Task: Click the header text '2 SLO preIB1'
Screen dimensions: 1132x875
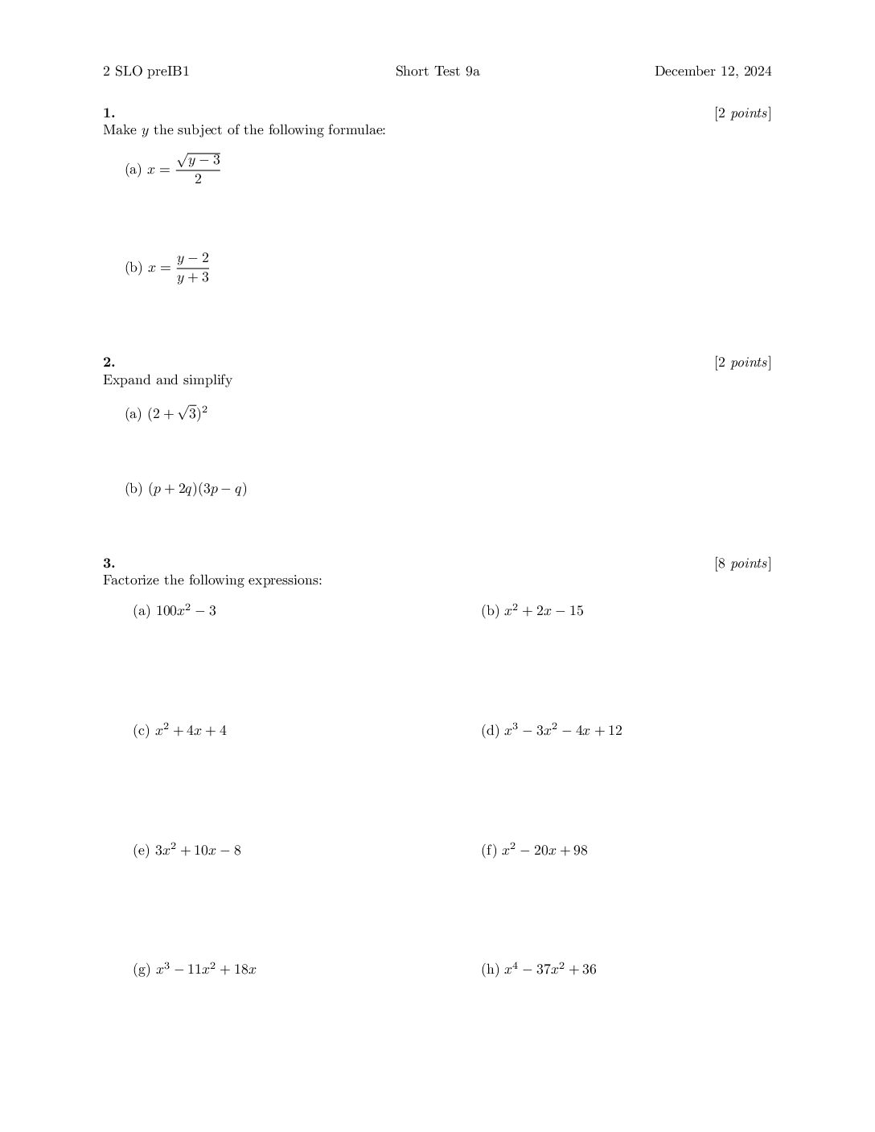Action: (146, 72)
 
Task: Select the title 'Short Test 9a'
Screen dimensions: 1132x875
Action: (437, 72)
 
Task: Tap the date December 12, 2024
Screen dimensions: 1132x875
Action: (713, 72)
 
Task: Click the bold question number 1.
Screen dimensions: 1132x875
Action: (109, 113)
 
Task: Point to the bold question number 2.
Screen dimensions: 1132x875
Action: (109, 363)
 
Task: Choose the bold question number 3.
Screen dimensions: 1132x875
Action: (109, 564)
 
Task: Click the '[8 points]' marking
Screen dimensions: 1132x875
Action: (742, 564)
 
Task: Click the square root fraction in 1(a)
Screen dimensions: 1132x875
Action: (198, 169)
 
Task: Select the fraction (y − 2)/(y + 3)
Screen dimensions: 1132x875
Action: (193, 268)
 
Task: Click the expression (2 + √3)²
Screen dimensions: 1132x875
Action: (178, 414)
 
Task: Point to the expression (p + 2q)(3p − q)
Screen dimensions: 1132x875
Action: (197, 489)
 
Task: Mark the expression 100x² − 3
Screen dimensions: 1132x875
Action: (186, 611)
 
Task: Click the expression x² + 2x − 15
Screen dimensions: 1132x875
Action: (544, 611)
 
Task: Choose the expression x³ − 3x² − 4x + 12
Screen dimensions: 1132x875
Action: (563, 731)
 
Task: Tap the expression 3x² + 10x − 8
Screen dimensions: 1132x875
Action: (198, 851)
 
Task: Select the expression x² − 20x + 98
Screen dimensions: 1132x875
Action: (545, 851)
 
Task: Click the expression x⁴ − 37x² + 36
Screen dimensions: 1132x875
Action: (550, 970)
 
